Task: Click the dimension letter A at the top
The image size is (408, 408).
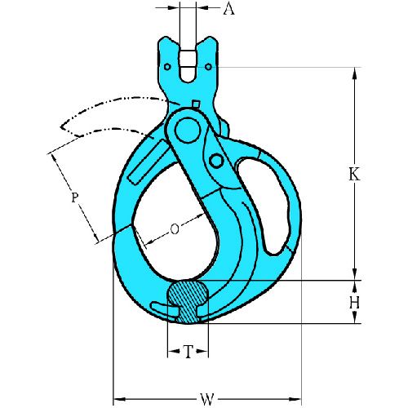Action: click(x=228, y=10)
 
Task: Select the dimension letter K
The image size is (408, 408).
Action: click(x=354, y=174)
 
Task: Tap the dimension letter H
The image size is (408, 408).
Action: click(x=354, y=303)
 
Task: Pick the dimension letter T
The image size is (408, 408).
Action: click(x=188, y=352)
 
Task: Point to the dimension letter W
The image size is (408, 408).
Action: click(x=207, y=399)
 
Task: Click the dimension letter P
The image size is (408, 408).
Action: click(x=75, y=197)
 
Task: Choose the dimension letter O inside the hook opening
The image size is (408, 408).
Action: click(x=175, y=229)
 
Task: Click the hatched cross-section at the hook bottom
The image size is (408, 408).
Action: click(x=188, y=301)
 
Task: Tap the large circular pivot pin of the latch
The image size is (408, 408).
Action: click(x=188, y=130)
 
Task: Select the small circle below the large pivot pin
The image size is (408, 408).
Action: click(x=216, y=161)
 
